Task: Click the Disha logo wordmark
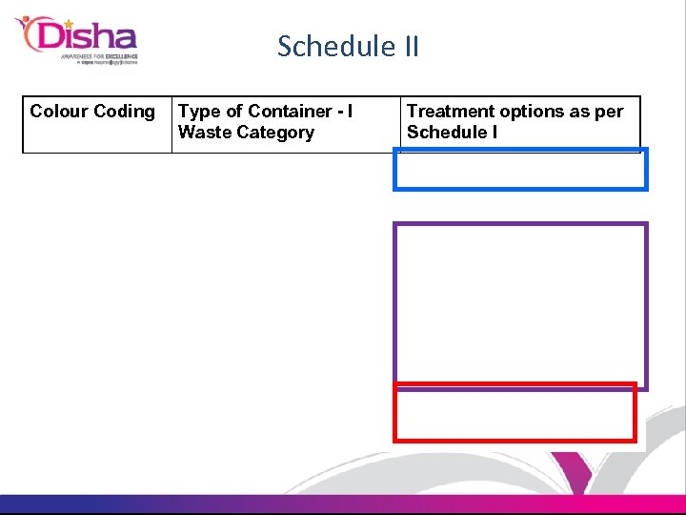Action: [86, 37]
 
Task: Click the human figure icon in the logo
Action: [29, 33]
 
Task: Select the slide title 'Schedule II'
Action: [348, 46]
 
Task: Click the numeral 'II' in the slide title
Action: [408, 46]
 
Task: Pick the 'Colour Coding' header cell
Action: [96, 124]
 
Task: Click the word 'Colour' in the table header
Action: [59, 112]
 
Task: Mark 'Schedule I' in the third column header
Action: [452, 133]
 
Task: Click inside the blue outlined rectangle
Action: [520, 171]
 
